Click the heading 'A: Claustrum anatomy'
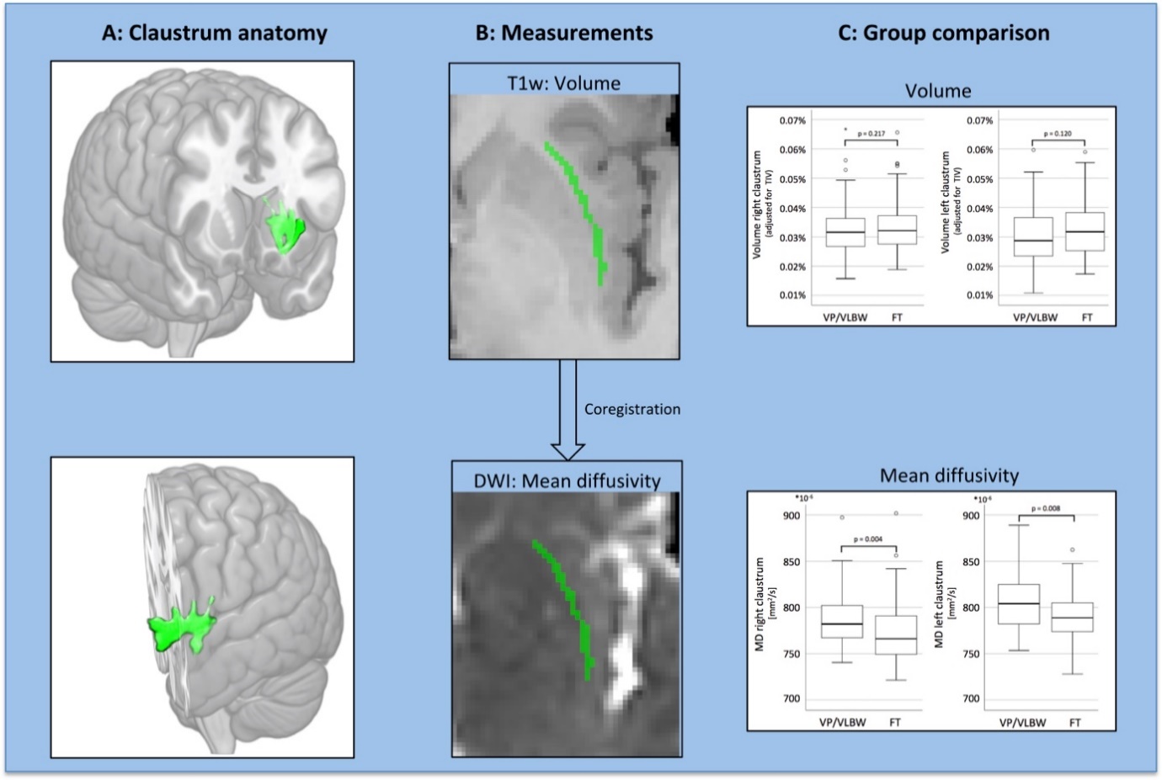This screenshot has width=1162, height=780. pos(214,34)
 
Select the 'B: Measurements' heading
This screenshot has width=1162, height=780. pos(564,34)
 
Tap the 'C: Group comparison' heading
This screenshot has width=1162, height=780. pos(943,34)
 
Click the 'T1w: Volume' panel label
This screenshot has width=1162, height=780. pos(563,83)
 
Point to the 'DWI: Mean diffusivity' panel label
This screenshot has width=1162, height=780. pos(567,481)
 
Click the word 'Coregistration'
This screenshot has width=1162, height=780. pos(632,410)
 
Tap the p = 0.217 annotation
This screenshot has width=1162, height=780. pos(871,134)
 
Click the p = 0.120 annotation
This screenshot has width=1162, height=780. pos(1058,134)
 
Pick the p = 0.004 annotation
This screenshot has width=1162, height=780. pos(868,539)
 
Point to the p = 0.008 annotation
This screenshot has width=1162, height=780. pos(1046,509)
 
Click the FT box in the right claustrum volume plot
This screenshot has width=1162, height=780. pos(897,230)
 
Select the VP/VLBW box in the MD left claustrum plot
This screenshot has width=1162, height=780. pos(1019,604)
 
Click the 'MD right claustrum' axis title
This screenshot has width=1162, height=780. pos(760,604)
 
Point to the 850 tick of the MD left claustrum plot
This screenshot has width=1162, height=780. pos(971,562)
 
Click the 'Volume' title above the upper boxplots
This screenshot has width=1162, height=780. pos(937,91)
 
